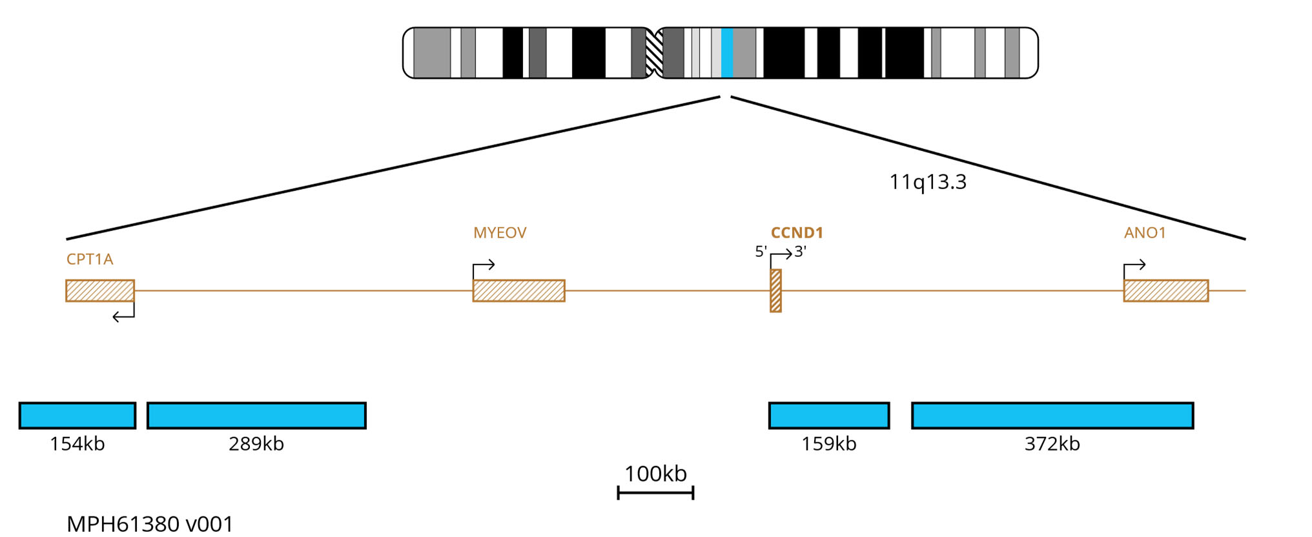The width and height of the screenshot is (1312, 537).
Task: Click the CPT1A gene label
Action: click(90, 259)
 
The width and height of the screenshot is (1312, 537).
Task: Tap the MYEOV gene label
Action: click(500, 232)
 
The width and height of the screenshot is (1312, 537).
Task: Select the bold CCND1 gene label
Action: click(797, 232)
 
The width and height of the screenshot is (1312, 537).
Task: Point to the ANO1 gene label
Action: click(1145, 232)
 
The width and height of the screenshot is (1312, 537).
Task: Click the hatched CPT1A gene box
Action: click(100, 290)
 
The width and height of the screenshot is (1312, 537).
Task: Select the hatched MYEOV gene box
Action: click(518, 290)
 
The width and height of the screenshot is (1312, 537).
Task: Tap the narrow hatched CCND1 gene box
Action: click(775, 291)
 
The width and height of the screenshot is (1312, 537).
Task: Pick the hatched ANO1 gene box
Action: click(1165, 290)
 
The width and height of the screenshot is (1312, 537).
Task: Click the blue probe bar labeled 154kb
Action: click(77, 415)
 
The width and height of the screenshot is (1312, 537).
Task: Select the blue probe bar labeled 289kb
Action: click(256, 415)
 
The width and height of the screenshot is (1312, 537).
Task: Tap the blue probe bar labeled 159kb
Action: click(828, 415)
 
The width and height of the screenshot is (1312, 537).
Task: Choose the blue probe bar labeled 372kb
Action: click(1052, 415)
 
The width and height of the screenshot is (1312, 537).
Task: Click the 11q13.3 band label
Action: click(928, 182)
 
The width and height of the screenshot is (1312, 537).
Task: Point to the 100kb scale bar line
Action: click(655, 493)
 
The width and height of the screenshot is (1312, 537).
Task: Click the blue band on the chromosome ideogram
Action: click(727, 53)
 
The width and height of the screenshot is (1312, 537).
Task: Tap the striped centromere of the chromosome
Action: click(654, 53)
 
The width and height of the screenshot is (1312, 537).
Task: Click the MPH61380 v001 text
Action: click(150, 523)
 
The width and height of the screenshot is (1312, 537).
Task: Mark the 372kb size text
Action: click(1052, 444)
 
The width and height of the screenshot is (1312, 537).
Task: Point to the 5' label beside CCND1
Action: click(761, 252)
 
